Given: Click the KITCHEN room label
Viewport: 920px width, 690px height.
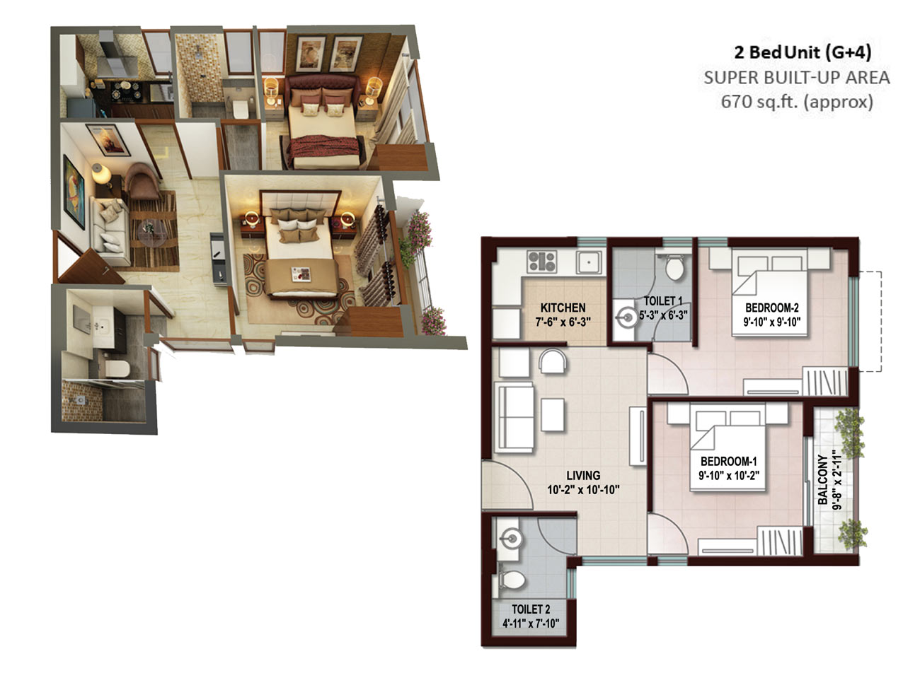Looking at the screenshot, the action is tap(563, 308).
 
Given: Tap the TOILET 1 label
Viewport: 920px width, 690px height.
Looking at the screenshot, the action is tap(663, 301).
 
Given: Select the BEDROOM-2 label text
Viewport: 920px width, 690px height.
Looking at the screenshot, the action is tap(771, 308).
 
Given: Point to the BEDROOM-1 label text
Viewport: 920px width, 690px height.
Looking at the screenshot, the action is tap(728, 462).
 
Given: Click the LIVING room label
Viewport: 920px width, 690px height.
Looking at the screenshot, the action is tap(583, 475).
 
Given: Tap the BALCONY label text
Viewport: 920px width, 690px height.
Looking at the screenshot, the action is tap(823, 480).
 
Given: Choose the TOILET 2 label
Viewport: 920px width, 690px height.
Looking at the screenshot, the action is tap(531, 609).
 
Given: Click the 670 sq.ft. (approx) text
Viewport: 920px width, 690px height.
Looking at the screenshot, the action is tap(796, 101).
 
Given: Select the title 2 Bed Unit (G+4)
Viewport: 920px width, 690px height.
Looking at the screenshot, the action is tap(803, 52).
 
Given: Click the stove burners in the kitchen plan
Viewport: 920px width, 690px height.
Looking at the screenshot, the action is tap(542, 262).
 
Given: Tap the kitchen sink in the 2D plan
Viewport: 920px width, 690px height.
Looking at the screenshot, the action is tap(589, 262).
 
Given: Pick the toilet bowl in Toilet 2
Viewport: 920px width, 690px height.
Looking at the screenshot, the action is tap(512, 580).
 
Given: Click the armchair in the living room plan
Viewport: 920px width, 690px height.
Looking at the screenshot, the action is tap(553, 361).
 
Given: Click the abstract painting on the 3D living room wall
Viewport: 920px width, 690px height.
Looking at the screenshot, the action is tap(74, 192).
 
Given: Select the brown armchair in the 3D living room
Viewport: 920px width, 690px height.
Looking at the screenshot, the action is tap(142, 180).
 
